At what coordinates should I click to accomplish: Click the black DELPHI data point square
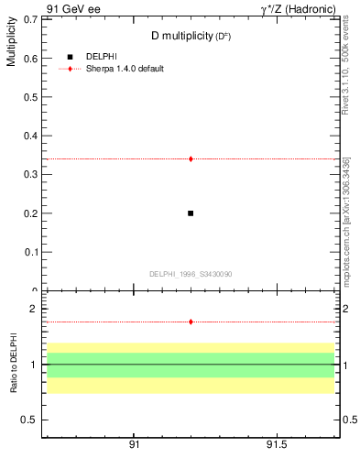191,213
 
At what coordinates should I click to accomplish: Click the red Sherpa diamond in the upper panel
191,158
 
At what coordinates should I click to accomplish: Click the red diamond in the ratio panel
191,322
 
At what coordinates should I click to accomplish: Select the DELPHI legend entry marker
70,57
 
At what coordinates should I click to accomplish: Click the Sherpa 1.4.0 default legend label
125,69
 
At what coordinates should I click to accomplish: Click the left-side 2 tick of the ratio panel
32,309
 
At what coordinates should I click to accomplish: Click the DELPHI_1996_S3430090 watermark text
191,274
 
